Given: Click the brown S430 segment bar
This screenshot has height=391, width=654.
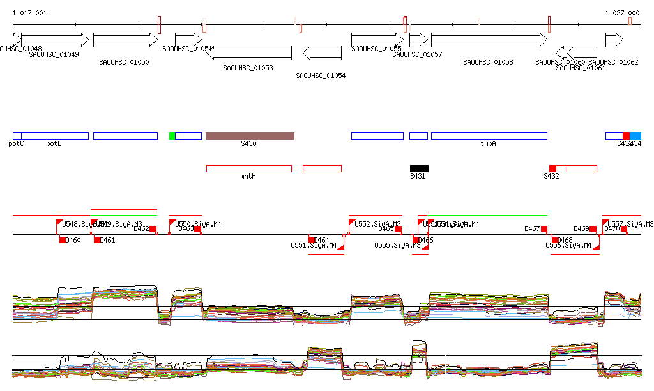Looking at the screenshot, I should point(250,136).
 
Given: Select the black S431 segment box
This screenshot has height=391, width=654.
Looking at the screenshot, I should point(419,168).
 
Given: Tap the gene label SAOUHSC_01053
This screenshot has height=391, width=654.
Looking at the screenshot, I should point(248,68).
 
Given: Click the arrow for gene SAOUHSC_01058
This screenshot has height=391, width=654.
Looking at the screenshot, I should point(489,40).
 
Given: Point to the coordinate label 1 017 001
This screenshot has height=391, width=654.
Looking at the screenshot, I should point(29,13).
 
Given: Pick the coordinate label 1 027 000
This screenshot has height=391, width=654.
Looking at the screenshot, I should point(622,13).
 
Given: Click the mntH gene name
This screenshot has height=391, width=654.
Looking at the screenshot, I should point(248,176).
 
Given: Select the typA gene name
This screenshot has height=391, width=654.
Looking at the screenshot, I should point(488,144).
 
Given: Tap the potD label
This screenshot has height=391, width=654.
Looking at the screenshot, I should point(54,144).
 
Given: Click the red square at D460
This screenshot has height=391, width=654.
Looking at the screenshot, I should point(63,240).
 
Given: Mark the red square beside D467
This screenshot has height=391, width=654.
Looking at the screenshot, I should point(544,228).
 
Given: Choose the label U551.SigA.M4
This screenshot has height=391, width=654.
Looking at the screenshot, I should point(314,245).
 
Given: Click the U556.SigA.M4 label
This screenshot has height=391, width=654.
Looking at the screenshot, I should point(568,245).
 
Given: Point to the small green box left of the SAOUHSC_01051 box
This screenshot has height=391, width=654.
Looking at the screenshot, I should point(172,136).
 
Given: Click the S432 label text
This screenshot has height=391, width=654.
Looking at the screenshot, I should point(551,176).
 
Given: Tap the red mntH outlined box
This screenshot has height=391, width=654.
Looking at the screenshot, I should point(248,168).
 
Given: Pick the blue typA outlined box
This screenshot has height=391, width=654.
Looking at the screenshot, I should point(489,136).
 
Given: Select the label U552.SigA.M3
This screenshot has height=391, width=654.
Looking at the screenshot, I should point(377,225).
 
